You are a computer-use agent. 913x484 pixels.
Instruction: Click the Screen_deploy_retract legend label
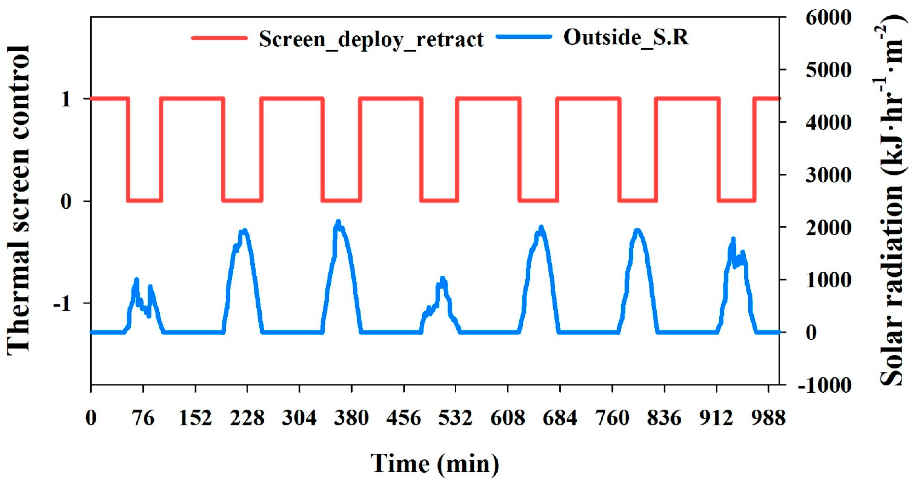[x=371, y=39]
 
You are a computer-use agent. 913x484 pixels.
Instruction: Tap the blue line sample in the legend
[x=524, y=36]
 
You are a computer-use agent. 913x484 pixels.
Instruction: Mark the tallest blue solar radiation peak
[x=338, y=222]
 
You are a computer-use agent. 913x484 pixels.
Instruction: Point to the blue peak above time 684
[x=541, y=227]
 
